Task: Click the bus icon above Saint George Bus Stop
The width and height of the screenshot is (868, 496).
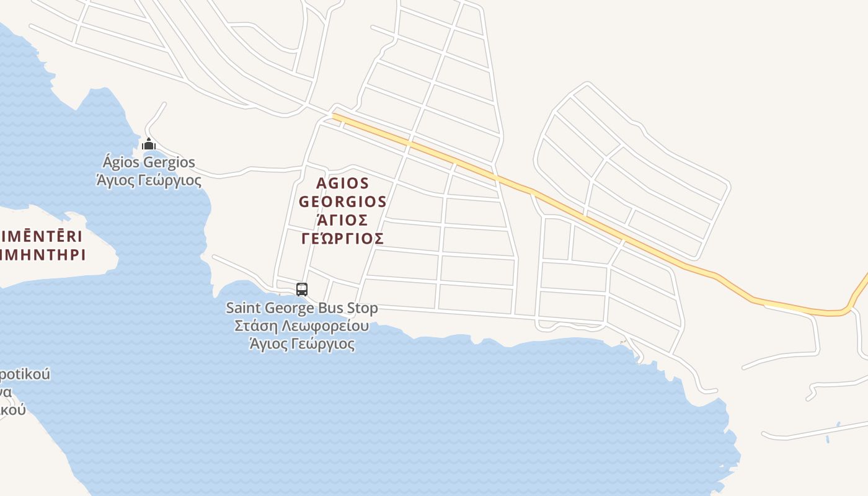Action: [302, 289]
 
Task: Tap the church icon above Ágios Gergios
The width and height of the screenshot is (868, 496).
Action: [148, 144]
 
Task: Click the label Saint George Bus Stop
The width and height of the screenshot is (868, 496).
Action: [302, 308]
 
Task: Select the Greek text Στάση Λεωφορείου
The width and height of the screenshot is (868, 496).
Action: [302, 326]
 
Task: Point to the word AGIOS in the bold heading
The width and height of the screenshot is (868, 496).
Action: [342, 184]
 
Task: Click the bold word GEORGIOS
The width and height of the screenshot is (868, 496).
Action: [342, 202]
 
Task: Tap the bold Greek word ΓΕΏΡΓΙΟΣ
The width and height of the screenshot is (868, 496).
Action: [342, 239]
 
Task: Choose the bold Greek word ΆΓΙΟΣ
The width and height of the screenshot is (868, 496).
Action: [342, 220]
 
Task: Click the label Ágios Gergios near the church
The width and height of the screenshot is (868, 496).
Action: [149, 162]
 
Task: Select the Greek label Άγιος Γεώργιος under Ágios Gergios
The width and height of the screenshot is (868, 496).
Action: [149, 180]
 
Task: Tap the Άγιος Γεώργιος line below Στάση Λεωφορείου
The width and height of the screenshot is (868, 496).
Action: [302, 344]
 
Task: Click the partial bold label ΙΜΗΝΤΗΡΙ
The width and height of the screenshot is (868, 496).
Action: [42, 254]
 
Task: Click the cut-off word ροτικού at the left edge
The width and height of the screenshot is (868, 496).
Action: [25, 374]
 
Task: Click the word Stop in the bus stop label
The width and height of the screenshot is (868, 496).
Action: [362, 308]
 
